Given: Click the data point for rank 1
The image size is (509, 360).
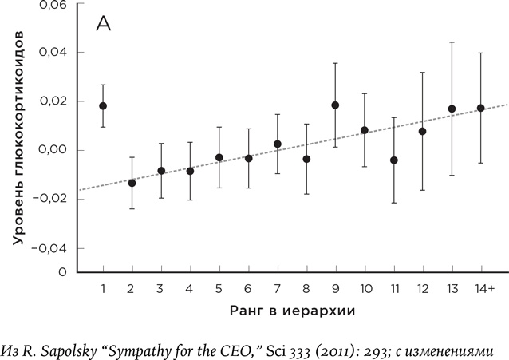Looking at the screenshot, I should (103, 105).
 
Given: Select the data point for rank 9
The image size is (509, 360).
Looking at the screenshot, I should (335, 105).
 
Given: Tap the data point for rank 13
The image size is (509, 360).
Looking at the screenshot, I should (452, 109).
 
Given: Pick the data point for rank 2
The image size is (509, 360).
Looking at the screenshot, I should (132, 183).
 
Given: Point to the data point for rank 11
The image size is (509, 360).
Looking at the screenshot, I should (393, 160).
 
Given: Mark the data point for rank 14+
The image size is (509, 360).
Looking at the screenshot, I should (480, 108).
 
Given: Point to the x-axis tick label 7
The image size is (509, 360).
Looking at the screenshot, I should (277, 287).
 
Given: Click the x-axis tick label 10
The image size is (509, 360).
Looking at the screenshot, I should (364, 287).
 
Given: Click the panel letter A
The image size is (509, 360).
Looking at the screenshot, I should (103, 23).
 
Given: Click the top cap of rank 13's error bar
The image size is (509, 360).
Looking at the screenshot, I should (452, 42).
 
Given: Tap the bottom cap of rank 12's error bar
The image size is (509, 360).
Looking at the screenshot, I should (422, 190).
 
